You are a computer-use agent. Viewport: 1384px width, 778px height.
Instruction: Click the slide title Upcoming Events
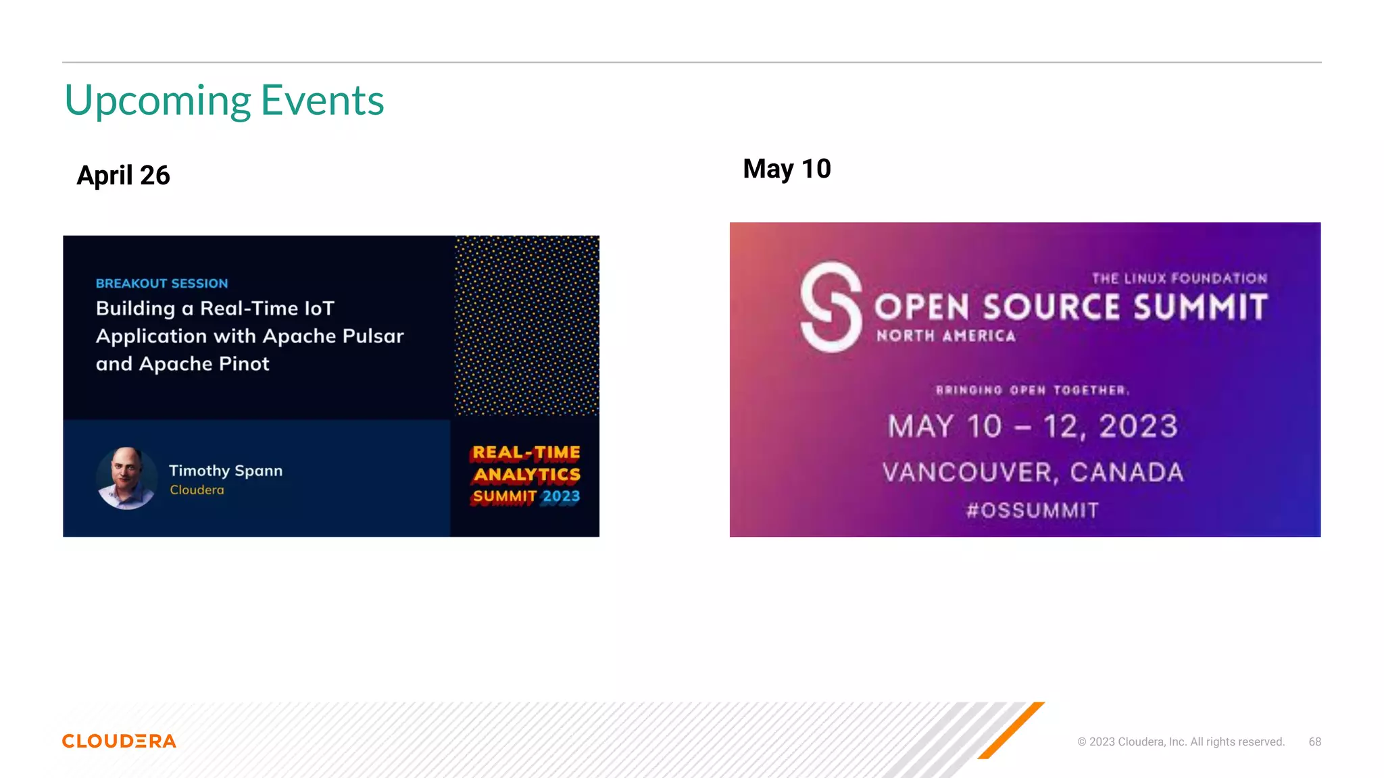click(x=224, y=101)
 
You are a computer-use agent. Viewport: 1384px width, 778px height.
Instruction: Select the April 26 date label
click(x=123, y=176)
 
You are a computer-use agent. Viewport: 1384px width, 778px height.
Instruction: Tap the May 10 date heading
click(x=787, y=169)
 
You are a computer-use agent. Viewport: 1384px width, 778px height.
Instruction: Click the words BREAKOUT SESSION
click(x=162, y=284)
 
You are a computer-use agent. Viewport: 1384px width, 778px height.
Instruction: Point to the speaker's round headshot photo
click(x=127, y=478)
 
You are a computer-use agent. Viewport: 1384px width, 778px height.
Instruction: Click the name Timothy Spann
click(x=226, y=471)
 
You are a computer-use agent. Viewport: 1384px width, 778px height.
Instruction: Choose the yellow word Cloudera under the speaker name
click(x=197, y=490)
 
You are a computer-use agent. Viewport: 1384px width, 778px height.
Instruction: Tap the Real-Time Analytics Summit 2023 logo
click(x=526, y=475)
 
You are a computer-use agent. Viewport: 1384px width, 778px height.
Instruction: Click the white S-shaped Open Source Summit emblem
click(x=831, y=307)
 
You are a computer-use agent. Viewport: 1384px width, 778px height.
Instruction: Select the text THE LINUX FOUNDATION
click(x=1179, y=278)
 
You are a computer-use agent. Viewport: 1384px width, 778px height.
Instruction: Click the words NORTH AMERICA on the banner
click(x=946, y=336)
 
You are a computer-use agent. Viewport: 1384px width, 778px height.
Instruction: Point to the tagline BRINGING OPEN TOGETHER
click(x=1032, y=390)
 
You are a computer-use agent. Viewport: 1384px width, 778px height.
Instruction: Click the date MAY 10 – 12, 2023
click(x=1033, y=427)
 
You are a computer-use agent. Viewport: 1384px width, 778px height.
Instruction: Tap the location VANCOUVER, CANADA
click(x=1033, y=473)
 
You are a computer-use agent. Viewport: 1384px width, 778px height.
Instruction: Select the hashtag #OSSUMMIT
click(x=1033, y=511)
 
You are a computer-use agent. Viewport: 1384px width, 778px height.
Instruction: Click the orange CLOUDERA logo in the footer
click(x=119, y=742)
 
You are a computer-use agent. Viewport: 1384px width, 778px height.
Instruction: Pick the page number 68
click(x=1314, y=742)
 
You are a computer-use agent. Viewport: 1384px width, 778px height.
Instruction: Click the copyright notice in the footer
click(x=1181, y=742)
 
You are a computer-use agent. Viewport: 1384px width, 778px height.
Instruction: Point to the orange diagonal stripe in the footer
click(x=1011, y=730)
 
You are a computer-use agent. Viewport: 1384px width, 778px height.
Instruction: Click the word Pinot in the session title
click(x=244, y=364)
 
